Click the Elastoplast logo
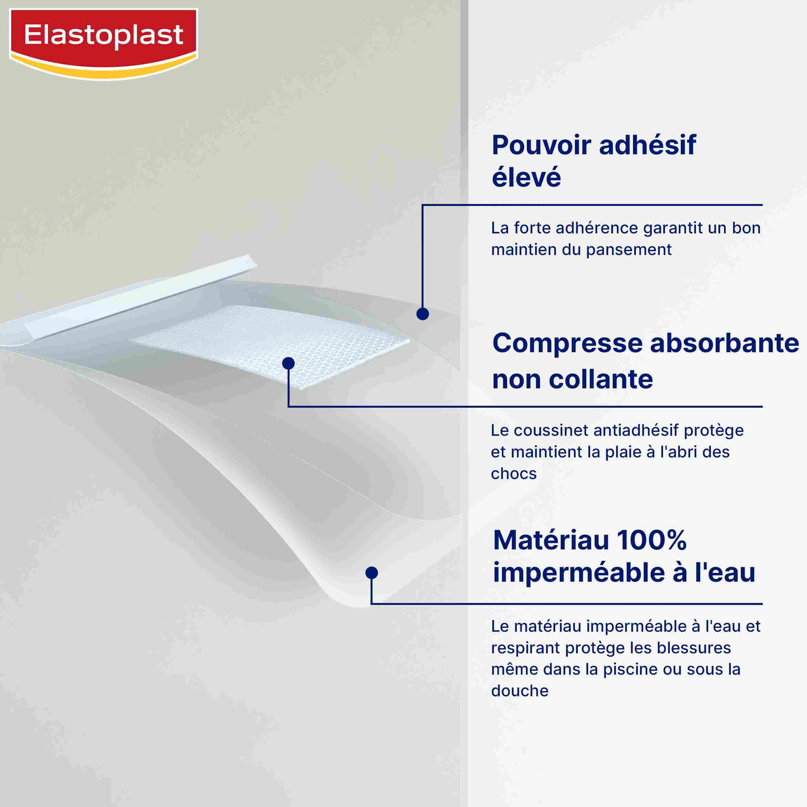(104, 44)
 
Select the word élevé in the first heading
(526, 177)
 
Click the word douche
(520, 691)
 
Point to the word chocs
(513, 474)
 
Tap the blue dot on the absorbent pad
(288, 363)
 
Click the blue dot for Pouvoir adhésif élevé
(423, 314)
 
